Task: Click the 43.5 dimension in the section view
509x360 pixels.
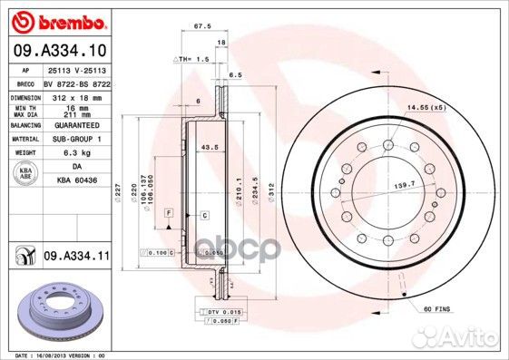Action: pyautogui.click(x=209, y=147)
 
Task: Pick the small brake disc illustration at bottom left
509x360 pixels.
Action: pyautogui.click(x=55, y=308)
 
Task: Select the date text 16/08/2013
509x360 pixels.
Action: pyautogui.click(x=53, y=355)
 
